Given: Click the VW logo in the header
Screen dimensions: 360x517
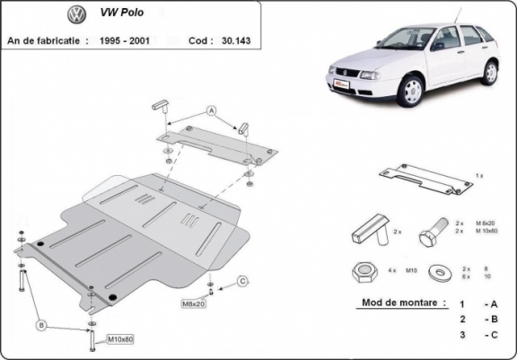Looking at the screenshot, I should [76, 15].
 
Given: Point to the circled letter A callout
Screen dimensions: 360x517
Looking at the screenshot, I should [212, 110].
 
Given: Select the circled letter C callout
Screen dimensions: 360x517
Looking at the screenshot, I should [242, 282].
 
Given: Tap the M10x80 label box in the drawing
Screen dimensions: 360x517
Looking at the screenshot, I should [121, 339].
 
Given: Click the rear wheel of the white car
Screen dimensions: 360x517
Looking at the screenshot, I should [489, 71].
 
